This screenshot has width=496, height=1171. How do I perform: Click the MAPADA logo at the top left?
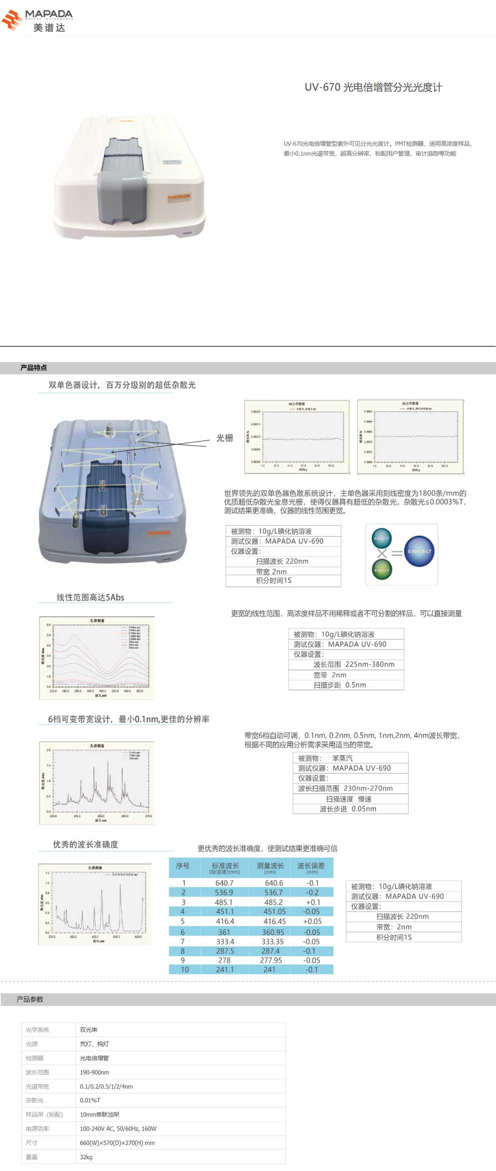[38, 20]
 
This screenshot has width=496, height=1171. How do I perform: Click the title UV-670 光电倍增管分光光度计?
[373, 87]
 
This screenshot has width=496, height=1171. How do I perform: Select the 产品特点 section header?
[34, 368]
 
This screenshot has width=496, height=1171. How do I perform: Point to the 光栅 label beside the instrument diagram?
[224, 438]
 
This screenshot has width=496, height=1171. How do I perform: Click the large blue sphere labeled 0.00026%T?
[419, 551]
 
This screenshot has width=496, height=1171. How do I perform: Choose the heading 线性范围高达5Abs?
[90, 597]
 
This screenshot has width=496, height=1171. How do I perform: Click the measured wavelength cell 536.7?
[273, 892]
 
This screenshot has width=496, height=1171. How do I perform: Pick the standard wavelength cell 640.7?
[224, 883]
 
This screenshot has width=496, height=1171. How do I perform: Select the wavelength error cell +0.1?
[313, 902]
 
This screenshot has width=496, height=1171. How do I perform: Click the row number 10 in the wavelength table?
[184, 969]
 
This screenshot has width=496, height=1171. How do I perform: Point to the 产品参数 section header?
[30, 999]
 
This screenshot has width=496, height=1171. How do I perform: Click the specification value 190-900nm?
[95, 1072]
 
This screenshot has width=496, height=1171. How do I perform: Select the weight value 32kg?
[86, 1157]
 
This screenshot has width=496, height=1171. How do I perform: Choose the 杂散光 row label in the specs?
[35, 1100]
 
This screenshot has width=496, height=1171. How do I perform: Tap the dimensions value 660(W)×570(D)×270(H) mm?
[117, 1143]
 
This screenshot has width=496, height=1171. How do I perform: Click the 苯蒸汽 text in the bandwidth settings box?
[343, 758]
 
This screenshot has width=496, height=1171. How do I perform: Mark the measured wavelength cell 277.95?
[271, 960]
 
